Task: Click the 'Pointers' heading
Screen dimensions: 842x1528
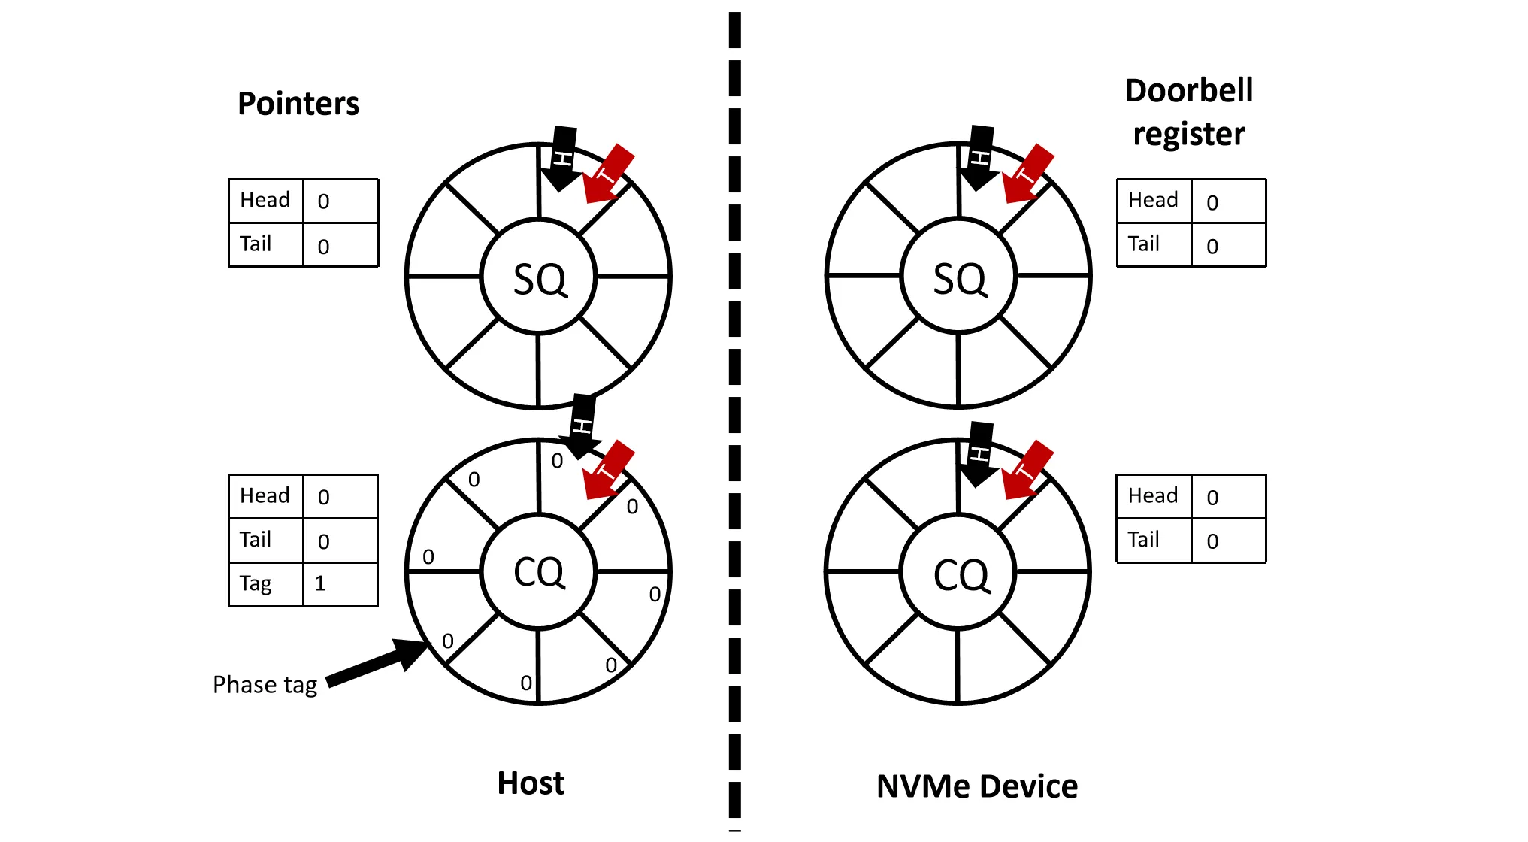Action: pyautogui.click(x=298, y=104)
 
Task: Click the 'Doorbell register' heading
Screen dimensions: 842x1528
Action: pyautogui.click(x=1188, y=112)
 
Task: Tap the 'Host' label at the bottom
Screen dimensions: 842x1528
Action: pyautogui.click(x=531, y=783)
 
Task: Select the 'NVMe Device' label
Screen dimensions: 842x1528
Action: pyautogui.click(x=976, y=786)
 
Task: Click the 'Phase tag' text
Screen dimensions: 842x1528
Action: pyautogui.click(x=265, y=685)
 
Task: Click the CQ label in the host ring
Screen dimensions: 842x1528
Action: pyautogui.click(x=539, y=572)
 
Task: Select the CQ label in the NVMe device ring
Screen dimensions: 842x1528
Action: pyautogui.click(x=961, y=574)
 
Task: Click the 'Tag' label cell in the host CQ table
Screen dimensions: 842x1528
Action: pyautogui.click(x=266, y=584)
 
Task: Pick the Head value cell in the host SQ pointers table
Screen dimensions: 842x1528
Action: pyautogui.click(x=340, y=201)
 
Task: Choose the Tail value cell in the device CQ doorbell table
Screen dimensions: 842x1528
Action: pyautogui.click(x=1228, y=541)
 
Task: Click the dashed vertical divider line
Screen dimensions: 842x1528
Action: pyautogui.click(x=735, y=421)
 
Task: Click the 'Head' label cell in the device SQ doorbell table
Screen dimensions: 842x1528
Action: pyautogui.click(x=1154, y=201)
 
